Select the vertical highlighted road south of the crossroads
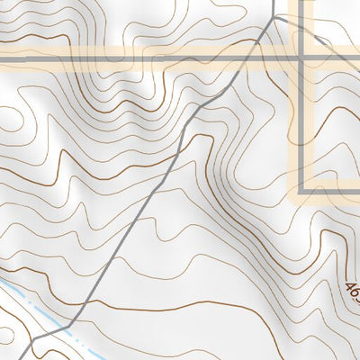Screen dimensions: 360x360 (x=301, y=126)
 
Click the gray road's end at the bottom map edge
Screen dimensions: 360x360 (x=29, y=358)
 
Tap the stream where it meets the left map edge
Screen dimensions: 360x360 (x=2, y=281)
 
